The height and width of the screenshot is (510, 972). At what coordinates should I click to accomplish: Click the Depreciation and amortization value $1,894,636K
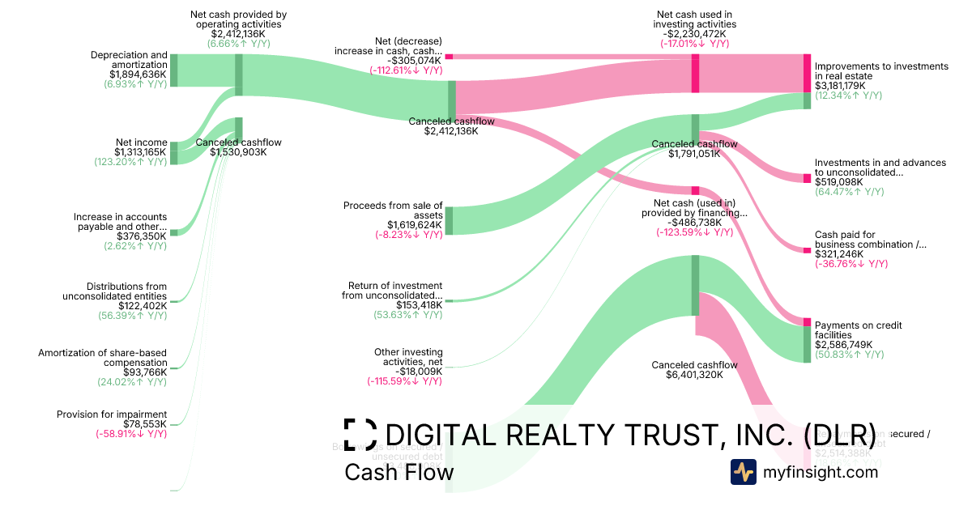click(x=139, y=74)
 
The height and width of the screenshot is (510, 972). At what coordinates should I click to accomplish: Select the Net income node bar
click(x=173, y=152)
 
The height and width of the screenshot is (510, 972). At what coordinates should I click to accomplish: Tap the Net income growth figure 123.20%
click(x=130, y=161)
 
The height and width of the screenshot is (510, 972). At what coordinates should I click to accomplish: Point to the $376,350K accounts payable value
click(x=140, y=236)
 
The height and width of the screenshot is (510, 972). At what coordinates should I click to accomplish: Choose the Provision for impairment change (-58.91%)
click(x=130, y=434)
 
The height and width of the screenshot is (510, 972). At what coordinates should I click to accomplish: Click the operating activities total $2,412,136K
click(x=238, y=34)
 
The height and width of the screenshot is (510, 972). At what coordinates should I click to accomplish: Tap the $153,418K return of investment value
click(x=416, y=304)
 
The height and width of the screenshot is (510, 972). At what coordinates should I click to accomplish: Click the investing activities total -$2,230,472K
click(x=694, y=34)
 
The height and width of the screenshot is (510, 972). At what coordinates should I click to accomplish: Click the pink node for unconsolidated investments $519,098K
click(x=807, y=178)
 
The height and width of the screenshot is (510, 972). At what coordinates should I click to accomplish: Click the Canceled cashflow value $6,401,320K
click(x=694, y=375)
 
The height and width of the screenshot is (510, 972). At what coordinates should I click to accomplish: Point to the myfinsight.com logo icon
click(x=743, y=472)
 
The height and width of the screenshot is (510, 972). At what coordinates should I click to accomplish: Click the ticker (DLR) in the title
click(x=841, y=435)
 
